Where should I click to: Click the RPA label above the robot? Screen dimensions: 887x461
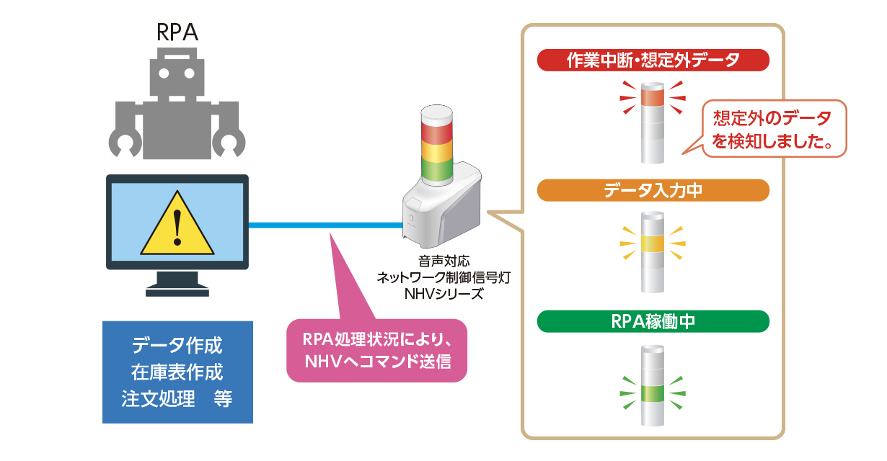[177, 32]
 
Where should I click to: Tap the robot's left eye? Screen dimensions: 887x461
[164, 73]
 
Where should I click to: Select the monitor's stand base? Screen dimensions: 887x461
[177, 292]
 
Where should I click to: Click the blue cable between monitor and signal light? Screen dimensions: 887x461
[326, 225]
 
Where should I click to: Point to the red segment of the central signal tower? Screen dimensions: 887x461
[436, 134]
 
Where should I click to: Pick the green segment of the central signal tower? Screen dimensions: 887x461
[436, 170]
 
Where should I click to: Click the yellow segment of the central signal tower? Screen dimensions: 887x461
[436, 152]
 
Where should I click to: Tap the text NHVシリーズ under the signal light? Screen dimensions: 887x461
[444, 294]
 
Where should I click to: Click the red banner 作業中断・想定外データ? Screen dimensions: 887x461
[653, 60]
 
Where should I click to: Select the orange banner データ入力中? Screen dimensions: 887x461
[653, 191]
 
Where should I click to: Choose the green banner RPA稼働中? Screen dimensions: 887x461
[653, 321]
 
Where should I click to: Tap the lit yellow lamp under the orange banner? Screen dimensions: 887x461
[653, 243]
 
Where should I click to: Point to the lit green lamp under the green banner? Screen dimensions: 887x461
[653, 393]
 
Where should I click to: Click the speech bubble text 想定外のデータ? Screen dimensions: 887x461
[772, 118]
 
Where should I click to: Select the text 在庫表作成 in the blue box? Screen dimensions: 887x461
[177, 372]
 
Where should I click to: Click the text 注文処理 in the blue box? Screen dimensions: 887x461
[158, 398]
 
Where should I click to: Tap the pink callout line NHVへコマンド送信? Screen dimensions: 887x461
[377, 362]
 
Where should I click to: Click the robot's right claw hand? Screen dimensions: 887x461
[229, 144]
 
